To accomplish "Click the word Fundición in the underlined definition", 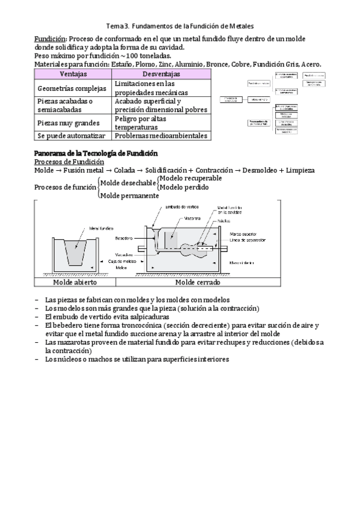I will (x=49, y=38).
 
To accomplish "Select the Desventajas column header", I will (x=161, y=73).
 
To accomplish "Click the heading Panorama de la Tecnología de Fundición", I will (x=96, y=153).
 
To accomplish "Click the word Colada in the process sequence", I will (x=125, y=170).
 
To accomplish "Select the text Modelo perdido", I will (x=184, y=187).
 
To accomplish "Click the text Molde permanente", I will (x=129, y=195).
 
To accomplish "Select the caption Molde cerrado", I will (x=197, y=282).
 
